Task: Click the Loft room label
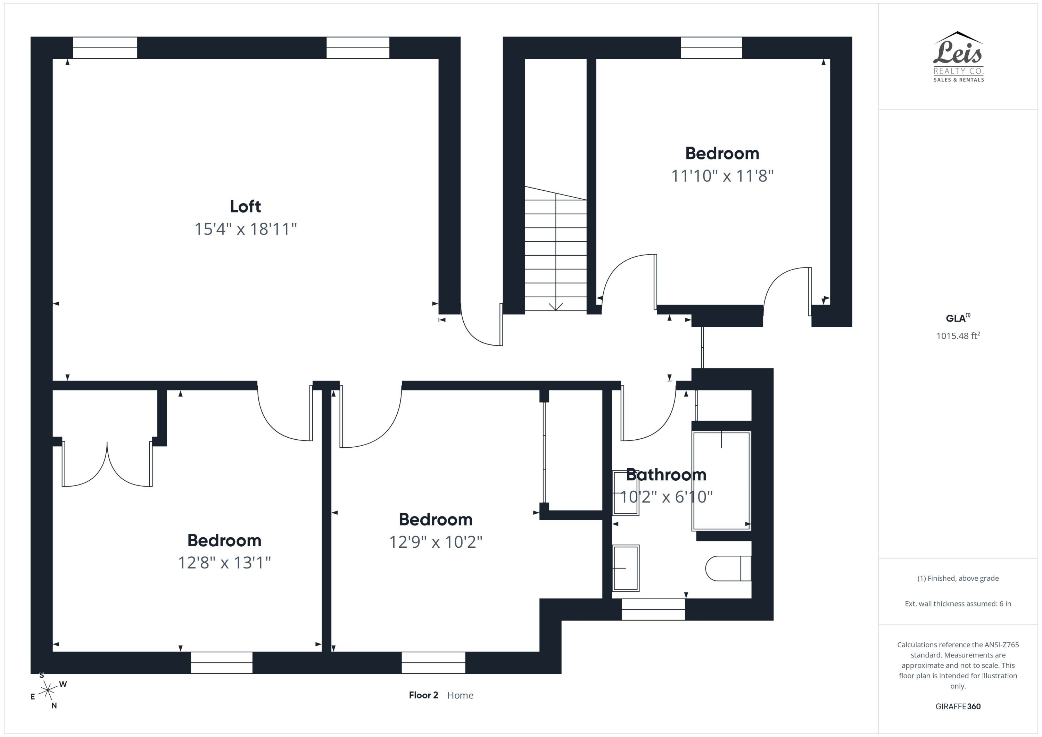[x=245, y=207]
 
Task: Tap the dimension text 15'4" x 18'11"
[x=246, y=229]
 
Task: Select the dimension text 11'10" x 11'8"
[x=722, y=176]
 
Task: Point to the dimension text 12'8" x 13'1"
[x=224, y=563]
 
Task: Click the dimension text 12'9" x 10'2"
[x=436, y=542]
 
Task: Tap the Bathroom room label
[x=666, y=475]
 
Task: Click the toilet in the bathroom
[x=728, y=568]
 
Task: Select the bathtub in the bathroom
[x=721, y=481]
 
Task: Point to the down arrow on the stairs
[x=556, y=307]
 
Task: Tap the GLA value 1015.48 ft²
[x=958, y=336]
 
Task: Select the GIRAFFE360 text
[x=958, y=706]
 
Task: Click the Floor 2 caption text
[x=423, y=695]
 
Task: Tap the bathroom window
[x=653, y=609]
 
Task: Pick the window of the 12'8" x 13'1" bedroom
[x=222, y=663]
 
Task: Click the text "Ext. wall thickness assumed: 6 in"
[x=958, y=604]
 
